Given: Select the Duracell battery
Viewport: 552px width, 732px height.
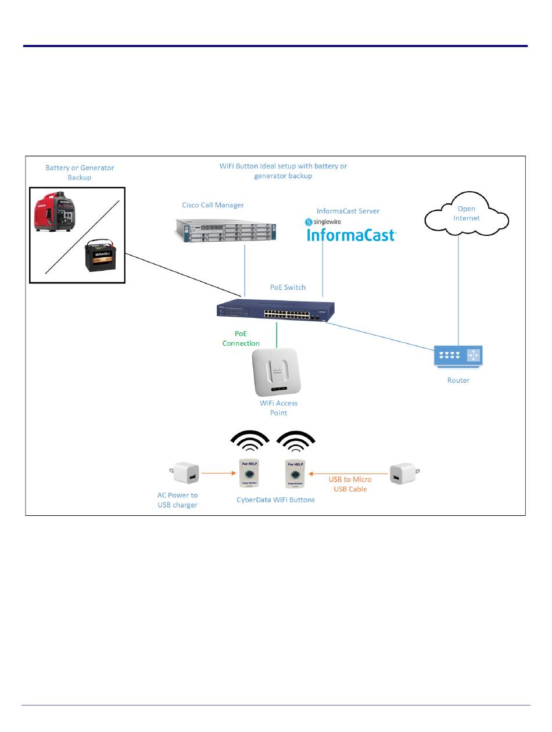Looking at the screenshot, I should point(102,257).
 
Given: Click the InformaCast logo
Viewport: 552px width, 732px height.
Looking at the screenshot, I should point(351,235).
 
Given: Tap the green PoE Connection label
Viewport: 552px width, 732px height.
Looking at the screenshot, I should point(241,339).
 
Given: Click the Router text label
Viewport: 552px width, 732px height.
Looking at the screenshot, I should point(458,381).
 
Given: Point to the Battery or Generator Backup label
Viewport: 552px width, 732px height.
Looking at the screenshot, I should point(80,173).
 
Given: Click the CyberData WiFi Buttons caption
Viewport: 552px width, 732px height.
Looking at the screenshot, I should point(275,500).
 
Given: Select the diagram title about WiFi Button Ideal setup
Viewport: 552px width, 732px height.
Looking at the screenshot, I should point(283,171).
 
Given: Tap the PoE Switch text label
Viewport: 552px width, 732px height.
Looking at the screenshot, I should point(288,288).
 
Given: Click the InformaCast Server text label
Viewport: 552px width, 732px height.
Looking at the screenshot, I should point(348,211).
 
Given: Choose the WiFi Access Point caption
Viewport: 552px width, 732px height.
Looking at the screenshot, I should point(278,408).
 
